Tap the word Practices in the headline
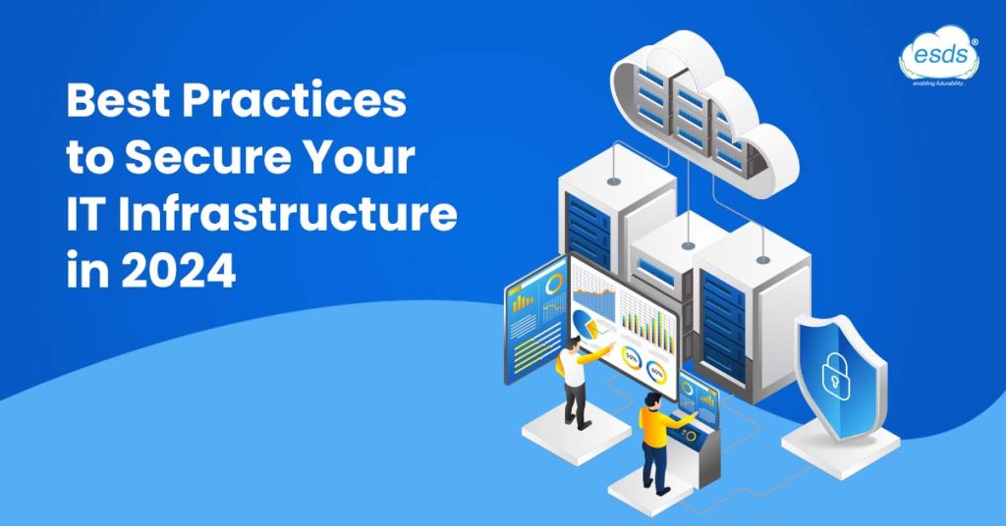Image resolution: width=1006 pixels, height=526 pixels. pos(295,102)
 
